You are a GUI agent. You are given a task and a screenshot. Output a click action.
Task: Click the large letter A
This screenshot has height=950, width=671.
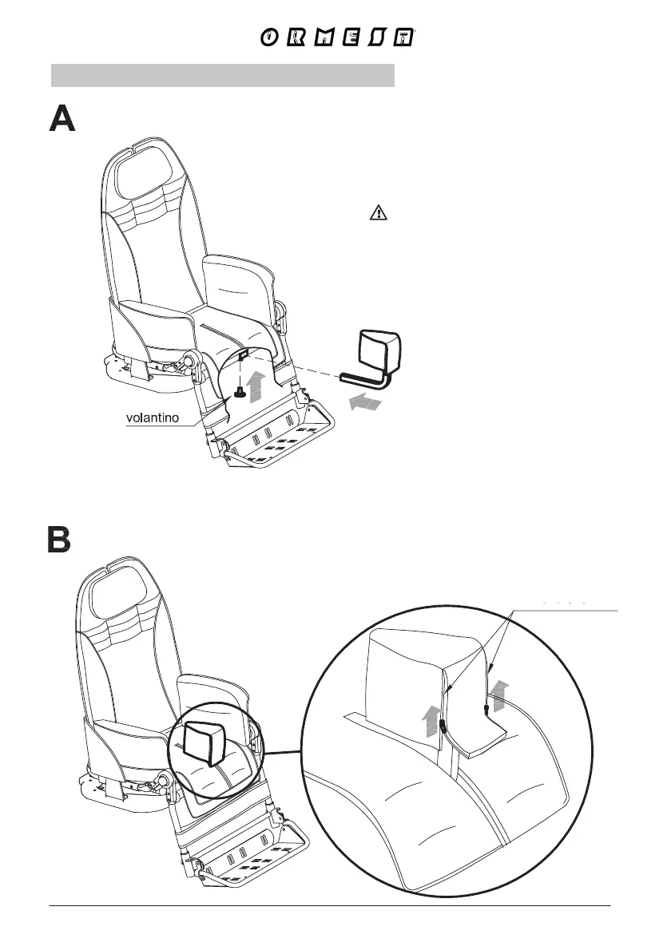(x=62, y=121)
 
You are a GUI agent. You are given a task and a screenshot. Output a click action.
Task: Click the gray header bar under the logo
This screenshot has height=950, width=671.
(x=223, y=75)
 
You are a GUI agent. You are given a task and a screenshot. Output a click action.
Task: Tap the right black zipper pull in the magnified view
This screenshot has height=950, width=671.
(x=486, y=707)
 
